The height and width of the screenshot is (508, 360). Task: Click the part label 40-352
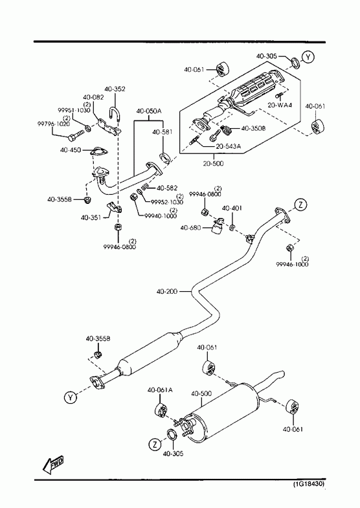[x=115, y=89]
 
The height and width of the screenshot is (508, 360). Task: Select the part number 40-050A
[x=149, y=111]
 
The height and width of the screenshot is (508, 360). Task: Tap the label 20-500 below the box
[x=213, y=163]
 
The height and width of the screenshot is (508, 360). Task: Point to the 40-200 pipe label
[x=167, y=292]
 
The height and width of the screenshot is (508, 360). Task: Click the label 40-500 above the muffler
[x=201, y=393]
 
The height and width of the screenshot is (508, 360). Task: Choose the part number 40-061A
[x=160, y=390]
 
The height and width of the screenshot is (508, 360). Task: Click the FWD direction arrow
[x=53, y=464]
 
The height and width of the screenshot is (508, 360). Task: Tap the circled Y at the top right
[x=308, y=58]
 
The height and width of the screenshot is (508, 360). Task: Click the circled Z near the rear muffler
[x=155, y=444]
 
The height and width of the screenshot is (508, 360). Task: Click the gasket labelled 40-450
[x=98, y=151]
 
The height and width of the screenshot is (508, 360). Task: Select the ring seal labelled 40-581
[x=166, y=157]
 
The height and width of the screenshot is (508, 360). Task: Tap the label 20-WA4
[x=280, y=105]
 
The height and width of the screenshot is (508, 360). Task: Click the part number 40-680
[x=190, y=228]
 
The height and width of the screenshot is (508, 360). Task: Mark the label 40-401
[x=232, y=208]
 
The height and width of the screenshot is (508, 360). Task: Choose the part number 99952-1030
[x=167, y=202]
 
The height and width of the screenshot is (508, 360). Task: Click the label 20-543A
[x=229, y=146]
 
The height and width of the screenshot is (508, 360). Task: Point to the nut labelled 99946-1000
[x=289, y=248]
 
